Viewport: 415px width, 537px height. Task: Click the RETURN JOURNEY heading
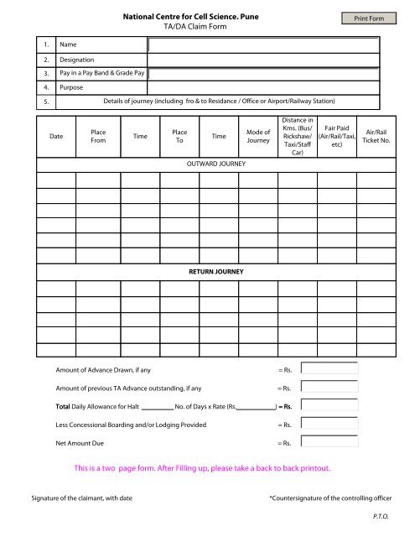(x=214, y=273)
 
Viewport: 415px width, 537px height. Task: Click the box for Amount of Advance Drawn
(x=329, y=368)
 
